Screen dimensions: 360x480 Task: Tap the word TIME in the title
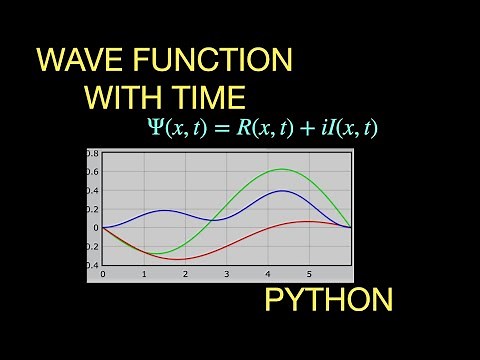click(x=210, y=98)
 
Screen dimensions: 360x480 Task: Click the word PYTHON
click(x=328, y=299)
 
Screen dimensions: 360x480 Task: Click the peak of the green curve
click(x=282, y=169)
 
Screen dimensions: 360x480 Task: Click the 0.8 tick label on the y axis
click(x=93, y=154)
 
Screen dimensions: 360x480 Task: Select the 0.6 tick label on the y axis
click(x=93, y=172)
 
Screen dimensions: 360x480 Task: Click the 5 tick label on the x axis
click(x=309, y=274)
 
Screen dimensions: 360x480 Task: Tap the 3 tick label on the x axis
click(x=227, y=274)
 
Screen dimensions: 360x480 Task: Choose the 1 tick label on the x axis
click(x=144, y=274)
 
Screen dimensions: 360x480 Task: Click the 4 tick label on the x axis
click(x=268, y=274)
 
